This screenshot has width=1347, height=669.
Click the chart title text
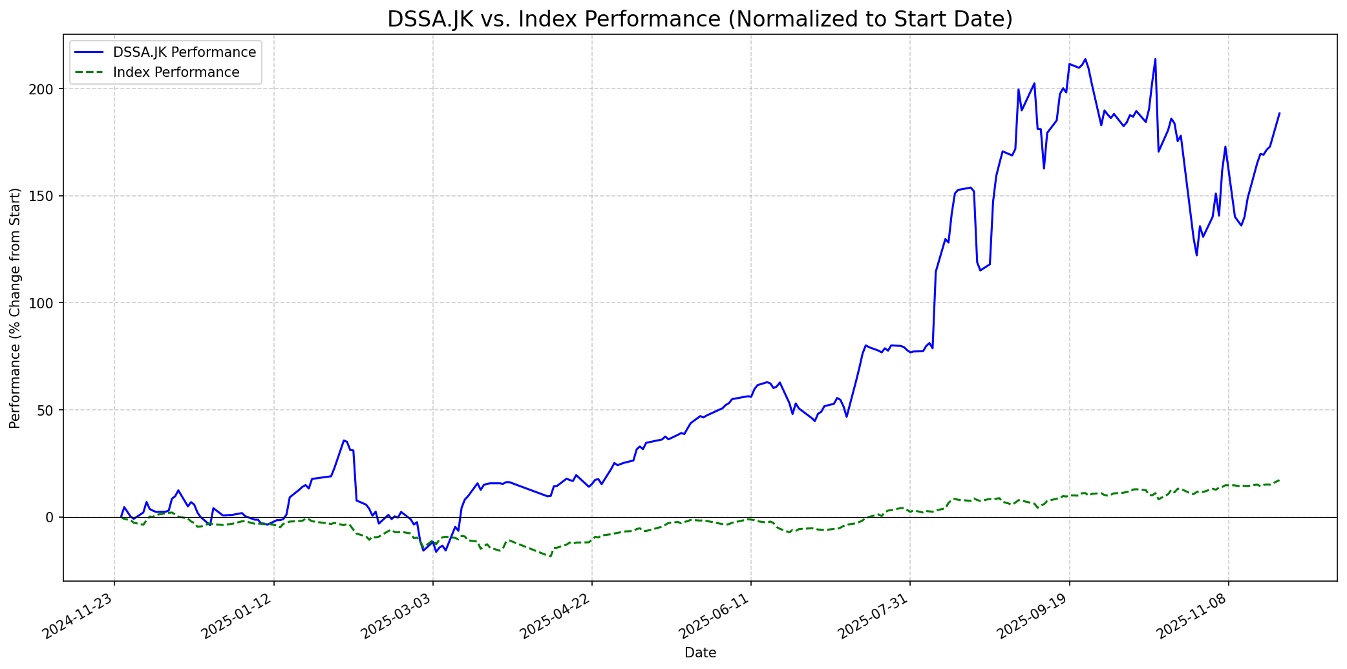700,19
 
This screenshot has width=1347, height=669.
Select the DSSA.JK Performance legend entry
184,52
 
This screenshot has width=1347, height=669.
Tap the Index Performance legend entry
176,72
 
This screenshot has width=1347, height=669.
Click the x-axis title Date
700,653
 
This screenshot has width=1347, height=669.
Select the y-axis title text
16,308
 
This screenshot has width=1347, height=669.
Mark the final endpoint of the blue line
1280,113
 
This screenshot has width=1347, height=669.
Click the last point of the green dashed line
1280,480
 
